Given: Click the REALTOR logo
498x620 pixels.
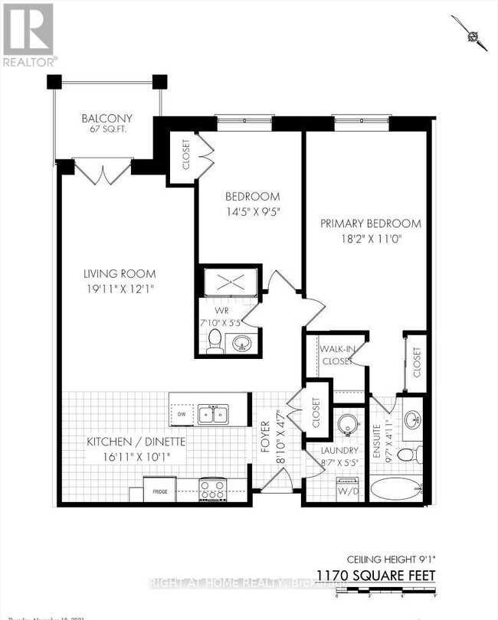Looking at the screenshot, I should point(28,34).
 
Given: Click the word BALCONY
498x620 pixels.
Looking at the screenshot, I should point(107,119).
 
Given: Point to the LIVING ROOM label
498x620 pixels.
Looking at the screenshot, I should point(120,273).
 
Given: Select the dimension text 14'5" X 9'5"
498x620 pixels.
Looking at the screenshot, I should point(251,212).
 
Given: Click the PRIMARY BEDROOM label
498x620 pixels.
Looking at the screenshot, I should point(371,224).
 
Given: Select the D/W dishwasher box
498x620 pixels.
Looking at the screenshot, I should point(182,414).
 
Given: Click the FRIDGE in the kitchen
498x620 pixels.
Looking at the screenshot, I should point(159,490).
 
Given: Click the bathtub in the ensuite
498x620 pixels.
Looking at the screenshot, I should point(395,488).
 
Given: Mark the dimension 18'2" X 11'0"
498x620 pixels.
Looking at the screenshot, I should point(371,240).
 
